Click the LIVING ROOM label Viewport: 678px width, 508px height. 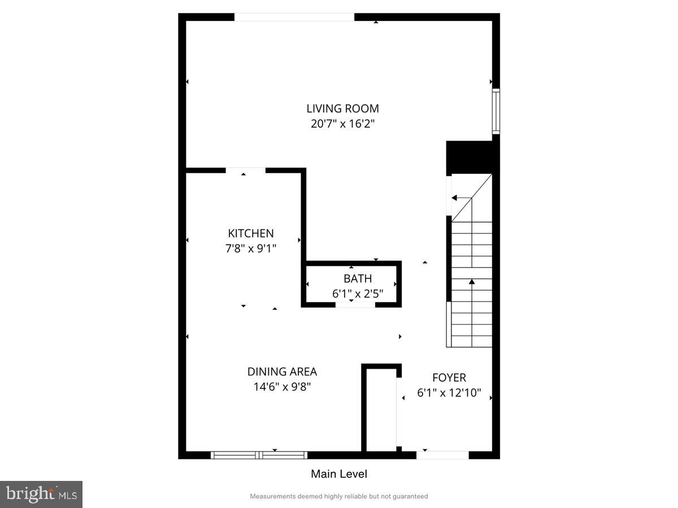[x=342, y=108]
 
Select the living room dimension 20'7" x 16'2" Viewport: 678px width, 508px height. [x=342, y=124]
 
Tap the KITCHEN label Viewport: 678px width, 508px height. [x=251, y=233]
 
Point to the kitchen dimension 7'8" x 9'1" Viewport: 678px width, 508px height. [x=251, y=248]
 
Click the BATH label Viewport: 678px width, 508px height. [x=358, y=278]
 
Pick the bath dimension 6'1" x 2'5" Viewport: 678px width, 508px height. [x=358, y=294]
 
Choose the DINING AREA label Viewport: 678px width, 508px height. [x=282, y=371]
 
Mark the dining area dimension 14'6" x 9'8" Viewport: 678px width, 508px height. [x=282, y=387]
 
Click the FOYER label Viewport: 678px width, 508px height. [x=449, y=378]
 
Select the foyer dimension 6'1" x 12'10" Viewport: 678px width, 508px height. [x=449, y=393]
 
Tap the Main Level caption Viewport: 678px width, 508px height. [x=339, y=474]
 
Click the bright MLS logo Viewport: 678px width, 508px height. [x=41, y=494]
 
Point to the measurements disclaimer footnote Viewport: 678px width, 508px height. [x=339, y=497]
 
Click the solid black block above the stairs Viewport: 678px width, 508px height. [x=469, y=157]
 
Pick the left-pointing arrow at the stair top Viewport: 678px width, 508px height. [x=455, y=198]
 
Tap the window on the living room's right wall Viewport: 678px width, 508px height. [x=496, y=111]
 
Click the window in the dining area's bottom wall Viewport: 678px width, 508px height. [x=259, y=455]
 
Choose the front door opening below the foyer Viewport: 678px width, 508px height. [x=442, y=455]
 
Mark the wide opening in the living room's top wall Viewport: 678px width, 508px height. [x=294, y=17]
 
